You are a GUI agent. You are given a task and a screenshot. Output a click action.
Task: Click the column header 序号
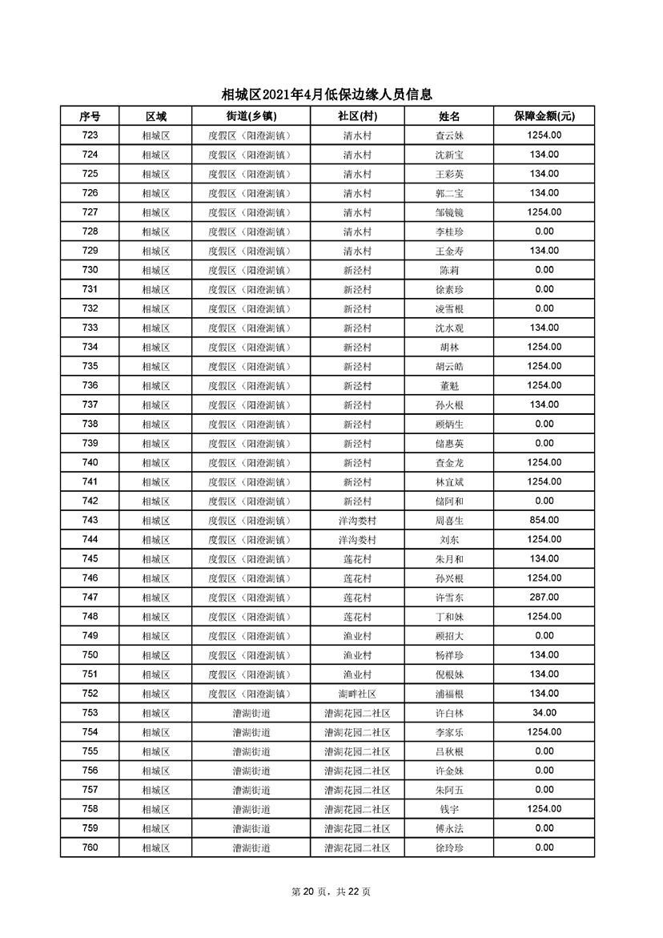[90, 116]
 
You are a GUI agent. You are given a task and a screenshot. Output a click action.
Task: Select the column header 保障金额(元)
[544, 116]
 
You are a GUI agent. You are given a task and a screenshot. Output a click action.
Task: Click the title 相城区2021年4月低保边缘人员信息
[331, 95]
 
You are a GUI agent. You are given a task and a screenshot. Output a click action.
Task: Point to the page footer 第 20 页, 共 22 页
[331, 892]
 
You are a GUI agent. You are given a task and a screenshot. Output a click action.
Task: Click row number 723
[90, 135]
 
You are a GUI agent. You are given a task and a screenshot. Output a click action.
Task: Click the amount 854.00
[544, 521]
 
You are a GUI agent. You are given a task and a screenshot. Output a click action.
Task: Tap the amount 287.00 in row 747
[544, 598]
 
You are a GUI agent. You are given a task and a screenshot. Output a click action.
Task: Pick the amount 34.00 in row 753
[544, 713]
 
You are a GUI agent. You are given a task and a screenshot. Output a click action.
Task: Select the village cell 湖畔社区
[357, 694]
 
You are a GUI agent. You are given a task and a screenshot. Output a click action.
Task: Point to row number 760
[90, 847]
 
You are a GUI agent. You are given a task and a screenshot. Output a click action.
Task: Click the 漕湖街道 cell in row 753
[251, 713]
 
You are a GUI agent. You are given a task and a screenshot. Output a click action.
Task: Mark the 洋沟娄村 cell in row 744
[357, 540]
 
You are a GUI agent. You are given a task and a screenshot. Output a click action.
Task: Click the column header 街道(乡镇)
[251, 116]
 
